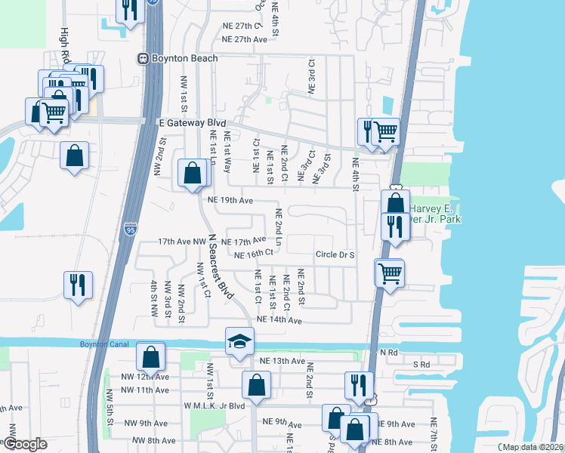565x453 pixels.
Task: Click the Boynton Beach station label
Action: point(184,58)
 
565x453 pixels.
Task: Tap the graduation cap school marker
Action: point(239,341)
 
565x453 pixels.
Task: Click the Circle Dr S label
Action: point(335,255)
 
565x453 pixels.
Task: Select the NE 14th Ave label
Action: point(279,320)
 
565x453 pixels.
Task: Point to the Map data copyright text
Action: point(533,447)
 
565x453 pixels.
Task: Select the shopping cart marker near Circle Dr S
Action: point(390,273)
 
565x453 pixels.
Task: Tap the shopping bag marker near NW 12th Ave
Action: point(150,356)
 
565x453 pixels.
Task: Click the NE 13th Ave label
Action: point(282,362)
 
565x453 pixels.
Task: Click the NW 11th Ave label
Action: point(147,390)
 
